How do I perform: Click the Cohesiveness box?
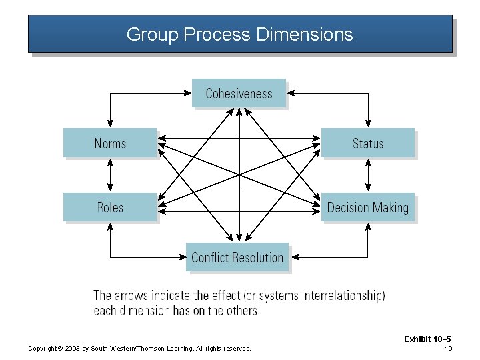239,93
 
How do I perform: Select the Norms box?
110,143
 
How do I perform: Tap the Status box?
368,143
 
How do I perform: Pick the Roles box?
110,207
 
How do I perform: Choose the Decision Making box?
368,207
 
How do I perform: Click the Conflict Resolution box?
237,257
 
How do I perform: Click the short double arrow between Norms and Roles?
110,175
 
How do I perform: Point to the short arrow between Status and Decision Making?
368,175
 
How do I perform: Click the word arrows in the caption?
136,295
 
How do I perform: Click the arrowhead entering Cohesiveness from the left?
188,94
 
